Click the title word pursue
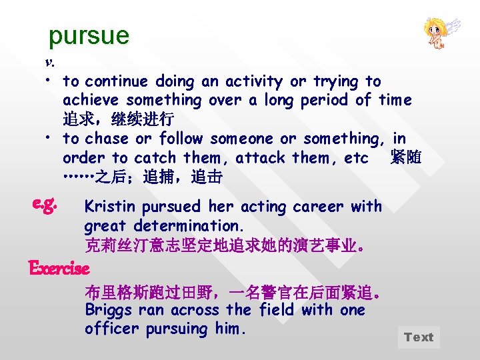click(x=89, y=35)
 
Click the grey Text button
click(x=419, y=337)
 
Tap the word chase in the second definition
click(x=107, y=139)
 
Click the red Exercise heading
click(x=59, y=269)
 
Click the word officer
click(x=111, y=329)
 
